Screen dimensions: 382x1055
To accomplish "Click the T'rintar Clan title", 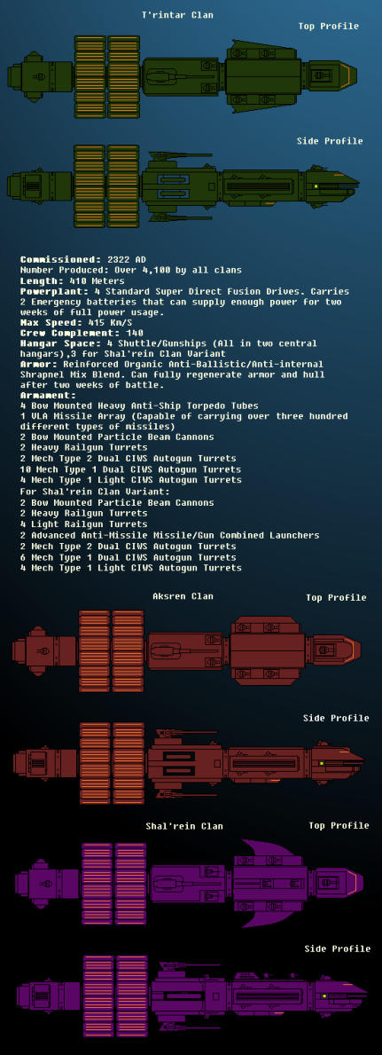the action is [x=177, y=15].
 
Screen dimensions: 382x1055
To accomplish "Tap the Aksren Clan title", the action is [x=183, y=596].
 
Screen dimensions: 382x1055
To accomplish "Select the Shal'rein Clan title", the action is [x=184, y=825].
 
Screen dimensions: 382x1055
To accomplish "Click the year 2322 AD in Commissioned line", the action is [x=127, y=260].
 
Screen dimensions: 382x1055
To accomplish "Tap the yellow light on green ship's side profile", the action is [x=316, y=185].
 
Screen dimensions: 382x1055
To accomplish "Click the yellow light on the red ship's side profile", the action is [x=322, y=763].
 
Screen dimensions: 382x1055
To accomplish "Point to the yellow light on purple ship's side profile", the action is [x=324, y=996].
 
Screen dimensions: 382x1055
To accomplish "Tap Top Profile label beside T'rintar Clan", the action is [x=328, y=27].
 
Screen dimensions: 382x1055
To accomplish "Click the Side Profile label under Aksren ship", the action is [x=336, y=718].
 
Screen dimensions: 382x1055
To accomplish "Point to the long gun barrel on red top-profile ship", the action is [x=192, y=650].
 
